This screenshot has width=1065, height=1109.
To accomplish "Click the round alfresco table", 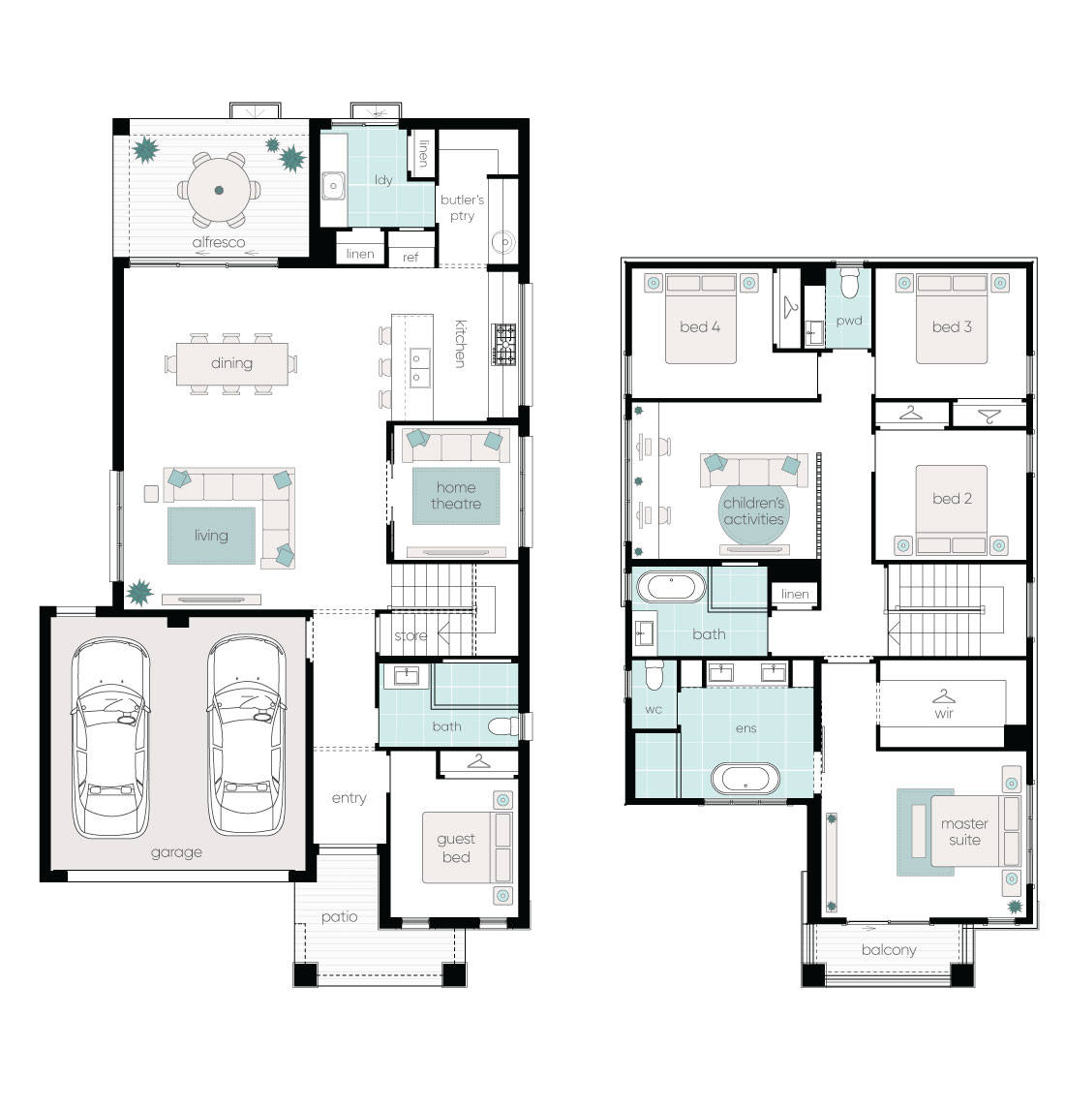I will pos(219,191).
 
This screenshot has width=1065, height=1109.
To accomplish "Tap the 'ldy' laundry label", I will pos(383,180).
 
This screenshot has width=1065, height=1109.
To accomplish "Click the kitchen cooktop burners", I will pos(504,345).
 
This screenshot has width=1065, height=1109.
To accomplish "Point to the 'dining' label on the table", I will pos(231,363).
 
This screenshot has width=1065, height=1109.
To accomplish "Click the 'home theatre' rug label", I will pos(456,496).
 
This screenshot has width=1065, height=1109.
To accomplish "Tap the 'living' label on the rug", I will pos(211,535).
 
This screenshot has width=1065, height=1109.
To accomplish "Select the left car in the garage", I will pos(110,736).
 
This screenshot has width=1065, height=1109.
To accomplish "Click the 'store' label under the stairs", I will pos(411,636).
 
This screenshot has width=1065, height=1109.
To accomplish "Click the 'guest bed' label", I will pos(456,847).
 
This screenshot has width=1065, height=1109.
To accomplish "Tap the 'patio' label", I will pos(339,916).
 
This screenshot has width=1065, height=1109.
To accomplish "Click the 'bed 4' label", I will pos(699,327).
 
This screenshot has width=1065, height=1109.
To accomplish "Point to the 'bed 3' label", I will pos(952,327).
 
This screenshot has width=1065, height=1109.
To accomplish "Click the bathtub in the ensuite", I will pos(745,779).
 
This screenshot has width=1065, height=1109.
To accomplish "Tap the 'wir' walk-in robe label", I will pos(944,713).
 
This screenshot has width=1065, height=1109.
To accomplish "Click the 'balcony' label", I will pos(888,950).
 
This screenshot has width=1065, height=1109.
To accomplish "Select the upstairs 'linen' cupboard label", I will pos(794,594).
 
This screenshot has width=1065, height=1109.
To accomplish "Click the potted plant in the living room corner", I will pos(139,591).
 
